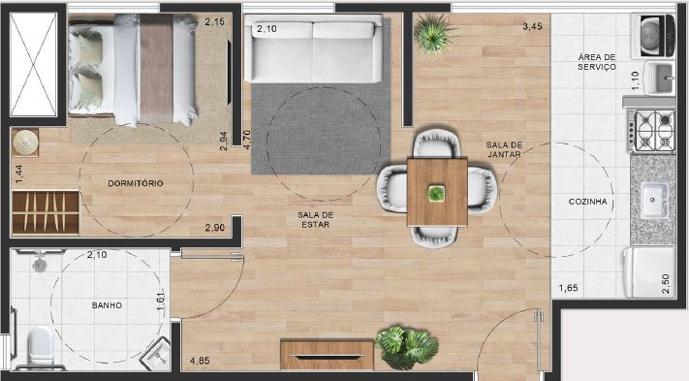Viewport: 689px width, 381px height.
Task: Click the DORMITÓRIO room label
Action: [136, 183]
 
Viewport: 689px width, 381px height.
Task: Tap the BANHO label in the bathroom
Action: [107, 305]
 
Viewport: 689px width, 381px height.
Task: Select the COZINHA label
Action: [588, 202]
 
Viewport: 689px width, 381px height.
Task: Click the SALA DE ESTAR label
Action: [315, 219]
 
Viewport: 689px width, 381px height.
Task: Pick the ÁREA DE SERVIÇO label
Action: [597, 61]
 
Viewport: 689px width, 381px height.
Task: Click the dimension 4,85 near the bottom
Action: [200, 361]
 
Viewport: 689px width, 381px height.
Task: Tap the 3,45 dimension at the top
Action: [531, 27]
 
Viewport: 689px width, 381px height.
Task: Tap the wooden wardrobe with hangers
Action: [45, 210]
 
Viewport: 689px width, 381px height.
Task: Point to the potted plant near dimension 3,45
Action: [430, 36]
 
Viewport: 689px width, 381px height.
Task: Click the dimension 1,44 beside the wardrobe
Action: [18, 174]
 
